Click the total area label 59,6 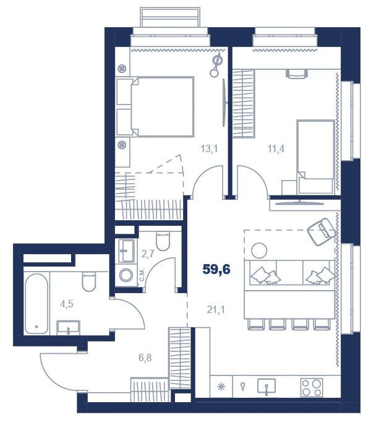click(216, 269)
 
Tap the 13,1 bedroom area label click(209, 149)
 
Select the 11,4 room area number click(276, 149)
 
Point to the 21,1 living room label click(216, 310)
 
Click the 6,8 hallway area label click(145, 358)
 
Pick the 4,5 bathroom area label click(67, 304)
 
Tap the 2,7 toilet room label click(148, 254)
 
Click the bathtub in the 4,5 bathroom click(36, 304)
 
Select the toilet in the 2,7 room click(163, 241)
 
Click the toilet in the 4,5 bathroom click(89, 281)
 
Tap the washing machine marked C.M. click(126, 275)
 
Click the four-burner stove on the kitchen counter click(312, 388)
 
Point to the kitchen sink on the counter click(267, 387)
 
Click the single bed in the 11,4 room click(316, 157)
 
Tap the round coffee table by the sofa click(259, 251)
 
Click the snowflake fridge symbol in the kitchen click(221, 387)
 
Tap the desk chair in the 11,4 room click(297, 74)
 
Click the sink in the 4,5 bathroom click(69, 328)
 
